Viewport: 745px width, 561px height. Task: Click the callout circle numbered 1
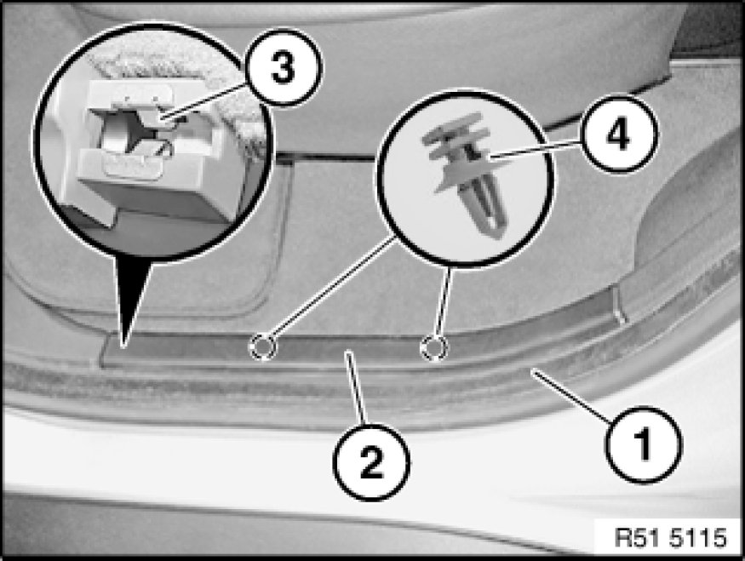point(644,444)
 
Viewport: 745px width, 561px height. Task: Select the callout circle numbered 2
point(371,461)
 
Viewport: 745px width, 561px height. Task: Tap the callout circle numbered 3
point(284,67)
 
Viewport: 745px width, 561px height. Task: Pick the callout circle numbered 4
point(619,135)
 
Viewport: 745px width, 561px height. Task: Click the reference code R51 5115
point(670,538)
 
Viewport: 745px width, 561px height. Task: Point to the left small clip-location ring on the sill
point(262,346)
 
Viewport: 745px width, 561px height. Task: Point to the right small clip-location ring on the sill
point(433,346)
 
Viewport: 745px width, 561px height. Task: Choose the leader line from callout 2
point(357,387)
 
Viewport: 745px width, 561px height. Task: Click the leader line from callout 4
point(535,149)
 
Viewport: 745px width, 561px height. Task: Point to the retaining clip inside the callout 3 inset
point(138,133)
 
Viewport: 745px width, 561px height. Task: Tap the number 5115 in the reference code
point(698,538)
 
